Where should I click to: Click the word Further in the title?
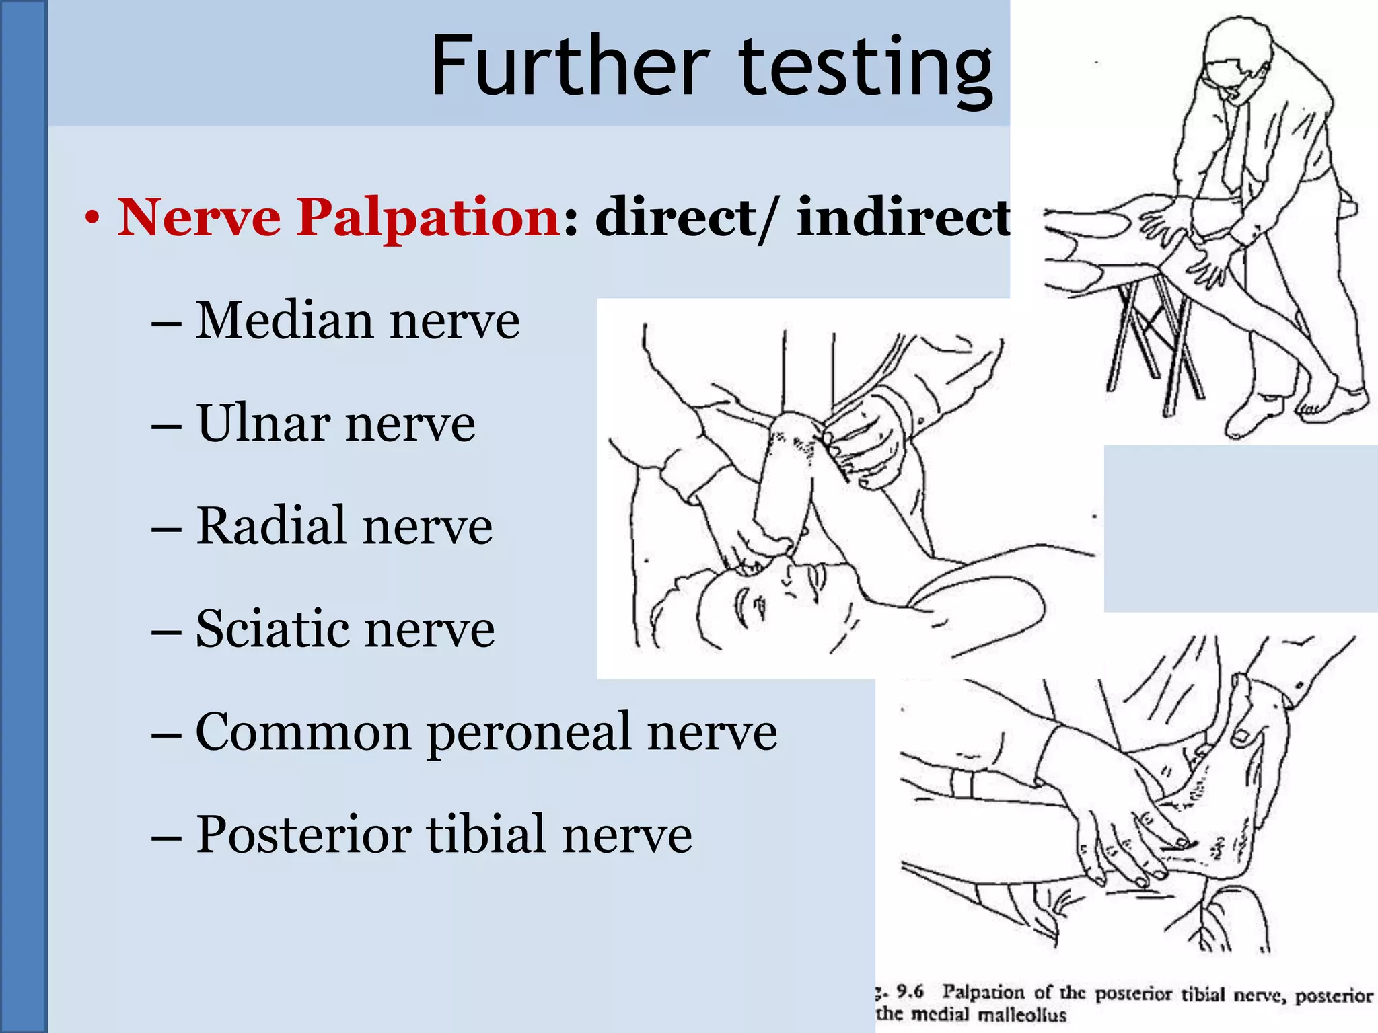pyautogui.click(x=569, y=67)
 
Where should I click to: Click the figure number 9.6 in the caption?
pyautogui.click(x=910, y=991)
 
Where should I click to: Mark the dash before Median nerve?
pyautogui.click(x=166, y=323)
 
